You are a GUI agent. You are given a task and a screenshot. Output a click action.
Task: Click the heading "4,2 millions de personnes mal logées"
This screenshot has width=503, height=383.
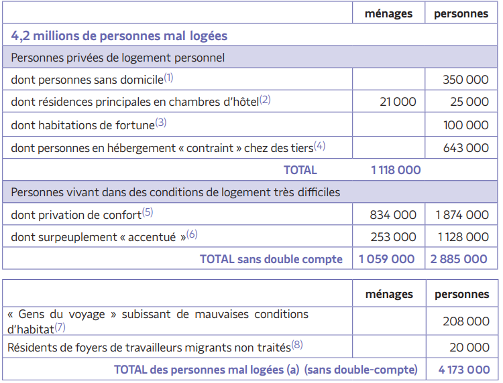119,36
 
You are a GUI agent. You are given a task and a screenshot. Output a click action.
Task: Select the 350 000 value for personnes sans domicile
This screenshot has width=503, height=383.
465,80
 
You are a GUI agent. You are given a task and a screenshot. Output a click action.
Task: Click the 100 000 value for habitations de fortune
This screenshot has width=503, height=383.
465,125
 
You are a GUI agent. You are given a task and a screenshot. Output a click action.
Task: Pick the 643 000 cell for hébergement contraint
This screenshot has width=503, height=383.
465,147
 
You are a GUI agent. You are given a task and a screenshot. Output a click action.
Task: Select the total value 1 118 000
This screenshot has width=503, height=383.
396,170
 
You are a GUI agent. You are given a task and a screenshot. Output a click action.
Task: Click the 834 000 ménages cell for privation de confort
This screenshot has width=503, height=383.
393,215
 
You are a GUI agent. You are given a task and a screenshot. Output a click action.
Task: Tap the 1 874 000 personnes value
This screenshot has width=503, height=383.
462,215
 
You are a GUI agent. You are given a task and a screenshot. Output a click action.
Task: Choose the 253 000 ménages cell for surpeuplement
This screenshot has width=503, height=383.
393,237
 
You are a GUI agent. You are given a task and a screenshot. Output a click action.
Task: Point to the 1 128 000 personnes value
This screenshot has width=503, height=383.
462,237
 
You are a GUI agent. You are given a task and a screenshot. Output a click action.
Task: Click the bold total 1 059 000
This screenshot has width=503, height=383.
387,259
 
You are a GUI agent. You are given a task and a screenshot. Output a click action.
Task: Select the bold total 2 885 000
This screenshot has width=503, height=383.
459,259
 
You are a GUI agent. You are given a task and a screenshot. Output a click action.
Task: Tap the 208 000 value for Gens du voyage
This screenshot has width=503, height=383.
465,321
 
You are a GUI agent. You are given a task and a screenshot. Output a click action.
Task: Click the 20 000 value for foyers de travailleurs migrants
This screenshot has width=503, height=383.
469,348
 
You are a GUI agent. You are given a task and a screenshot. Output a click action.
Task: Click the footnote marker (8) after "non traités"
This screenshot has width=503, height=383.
297,346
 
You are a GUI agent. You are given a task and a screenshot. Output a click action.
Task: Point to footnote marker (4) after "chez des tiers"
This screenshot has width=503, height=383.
319,145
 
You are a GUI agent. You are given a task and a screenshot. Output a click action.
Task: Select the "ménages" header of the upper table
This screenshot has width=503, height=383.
388,13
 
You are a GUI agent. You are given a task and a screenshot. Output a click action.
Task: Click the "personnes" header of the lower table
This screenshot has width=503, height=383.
462,294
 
